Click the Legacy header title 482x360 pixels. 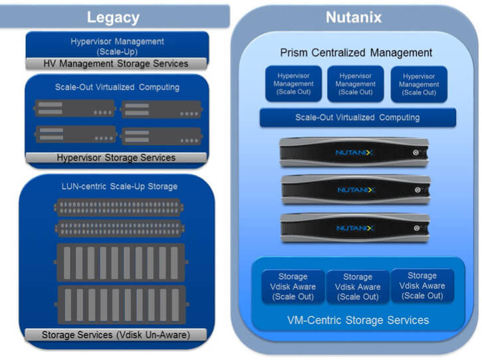113,17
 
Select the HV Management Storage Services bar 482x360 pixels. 116,64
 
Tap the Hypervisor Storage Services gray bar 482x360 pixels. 116,157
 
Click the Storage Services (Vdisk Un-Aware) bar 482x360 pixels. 116,334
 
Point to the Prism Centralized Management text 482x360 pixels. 356,52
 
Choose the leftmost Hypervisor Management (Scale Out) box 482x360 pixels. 293,84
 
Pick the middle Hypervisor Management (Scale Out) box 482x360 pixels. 355,84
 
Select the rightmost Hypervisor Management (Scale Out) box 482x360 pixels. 419,84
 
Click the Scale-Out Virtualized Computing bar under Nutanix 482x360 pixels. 357,118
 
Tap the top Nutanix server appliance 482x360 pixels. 356,152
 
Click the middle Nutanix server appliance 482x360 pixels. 356,189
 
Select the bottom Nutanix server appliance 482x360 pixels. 356,227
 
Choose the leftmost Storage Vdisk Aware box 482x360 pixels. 293,286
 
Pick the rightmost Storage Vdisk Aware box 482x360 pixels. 422,286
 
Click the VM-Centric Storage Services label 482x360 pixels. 357,320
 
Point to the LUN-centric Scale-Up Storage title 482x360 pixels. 116,187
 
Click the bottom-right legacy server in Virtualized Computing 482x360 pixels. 161,135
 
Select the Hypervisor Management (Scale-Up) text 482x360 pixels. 116,46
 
